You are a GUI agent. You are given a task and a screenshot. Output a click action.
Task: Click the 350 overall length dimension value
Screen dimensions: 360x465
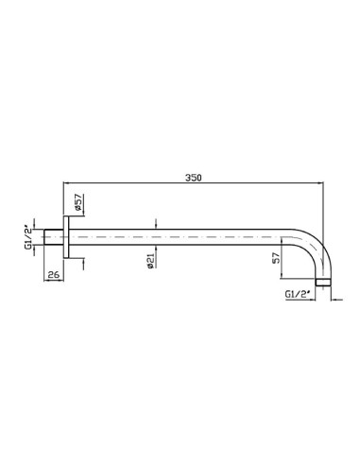(193, 178)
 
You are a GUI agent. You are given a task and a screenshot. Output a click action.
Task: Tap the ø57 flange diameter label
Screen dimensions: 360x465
(78, 202)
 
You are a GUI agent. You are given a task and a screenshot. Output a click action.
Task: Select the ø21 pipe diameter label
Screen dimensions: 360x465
(150, 261)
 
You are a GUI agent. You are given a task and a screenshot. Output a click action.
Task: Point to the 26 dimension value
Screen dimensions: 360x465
(54, 275)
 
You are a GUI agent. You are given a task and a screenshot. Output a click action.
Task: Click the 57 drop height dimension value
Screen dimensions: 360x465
(276, 258)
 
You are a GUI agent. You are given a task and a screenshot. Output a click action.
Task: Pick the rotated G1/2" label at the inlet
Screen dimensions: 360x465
(28, 237)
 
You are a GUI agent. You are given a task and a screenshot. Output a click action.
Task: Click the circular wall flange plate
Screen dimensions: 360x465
(66, 237)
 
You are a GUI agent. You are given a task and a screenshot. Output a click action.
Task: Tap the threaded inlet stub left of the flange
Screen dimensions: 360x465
(54, 237)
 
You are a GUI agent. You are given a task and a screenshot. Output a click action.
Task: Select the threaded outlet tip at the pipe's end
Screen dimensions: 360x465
(323, 282)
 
